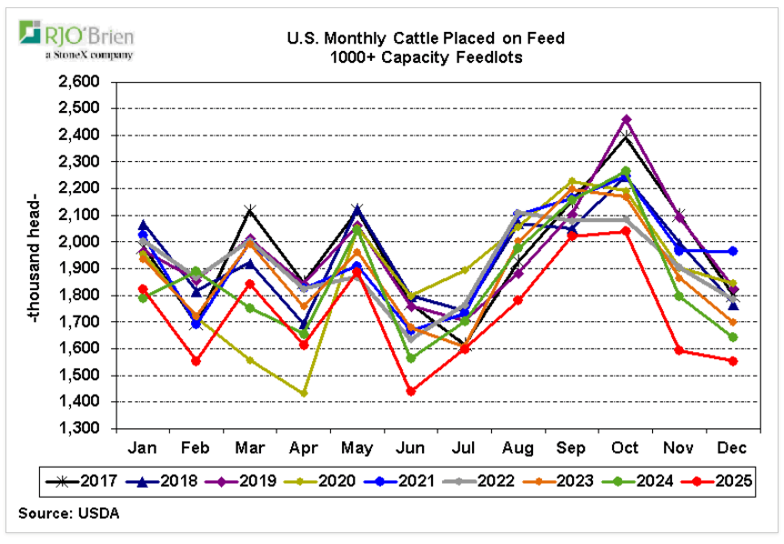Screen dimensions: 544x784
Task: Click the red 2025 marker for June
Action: tap(411, 391)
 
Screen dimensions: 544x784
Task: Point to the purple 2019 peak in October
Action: tap(627, 119)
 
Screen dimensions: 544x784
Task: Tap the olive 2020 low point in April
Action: tap(304, 393)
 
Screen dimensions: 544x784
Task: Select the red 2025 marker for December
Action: tap(733, 361)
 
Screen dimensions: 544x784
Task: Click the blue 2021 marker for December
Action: tap(733, 251)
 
